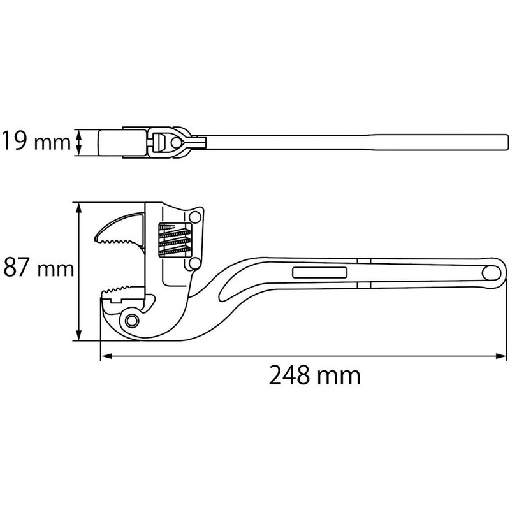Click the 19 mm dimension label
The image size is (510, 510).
coord(35,142)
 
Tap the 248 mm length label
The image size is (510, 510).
coord(314,376)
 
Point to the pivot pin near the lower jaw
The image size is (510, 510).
coord(133,319)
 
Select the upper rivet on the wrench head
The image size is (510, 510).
coord(195,217)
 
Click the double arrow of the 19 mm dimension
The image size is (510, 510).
coord(80,142)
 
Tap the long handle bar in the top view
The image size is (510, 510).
coord(351,142)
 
